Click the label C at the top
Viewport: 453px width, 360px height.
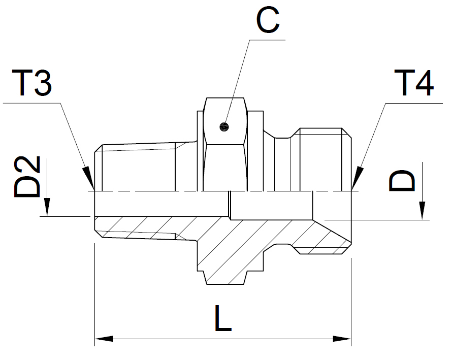click(x=267, y=21)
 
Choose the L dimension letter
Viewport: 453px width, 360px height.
click(x=222, y=319)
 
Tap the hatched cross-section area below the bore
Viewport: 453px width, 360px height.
click(x=229, y=244)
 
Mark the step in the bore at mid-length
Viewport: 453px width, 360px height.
click(x=230, y=206)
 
